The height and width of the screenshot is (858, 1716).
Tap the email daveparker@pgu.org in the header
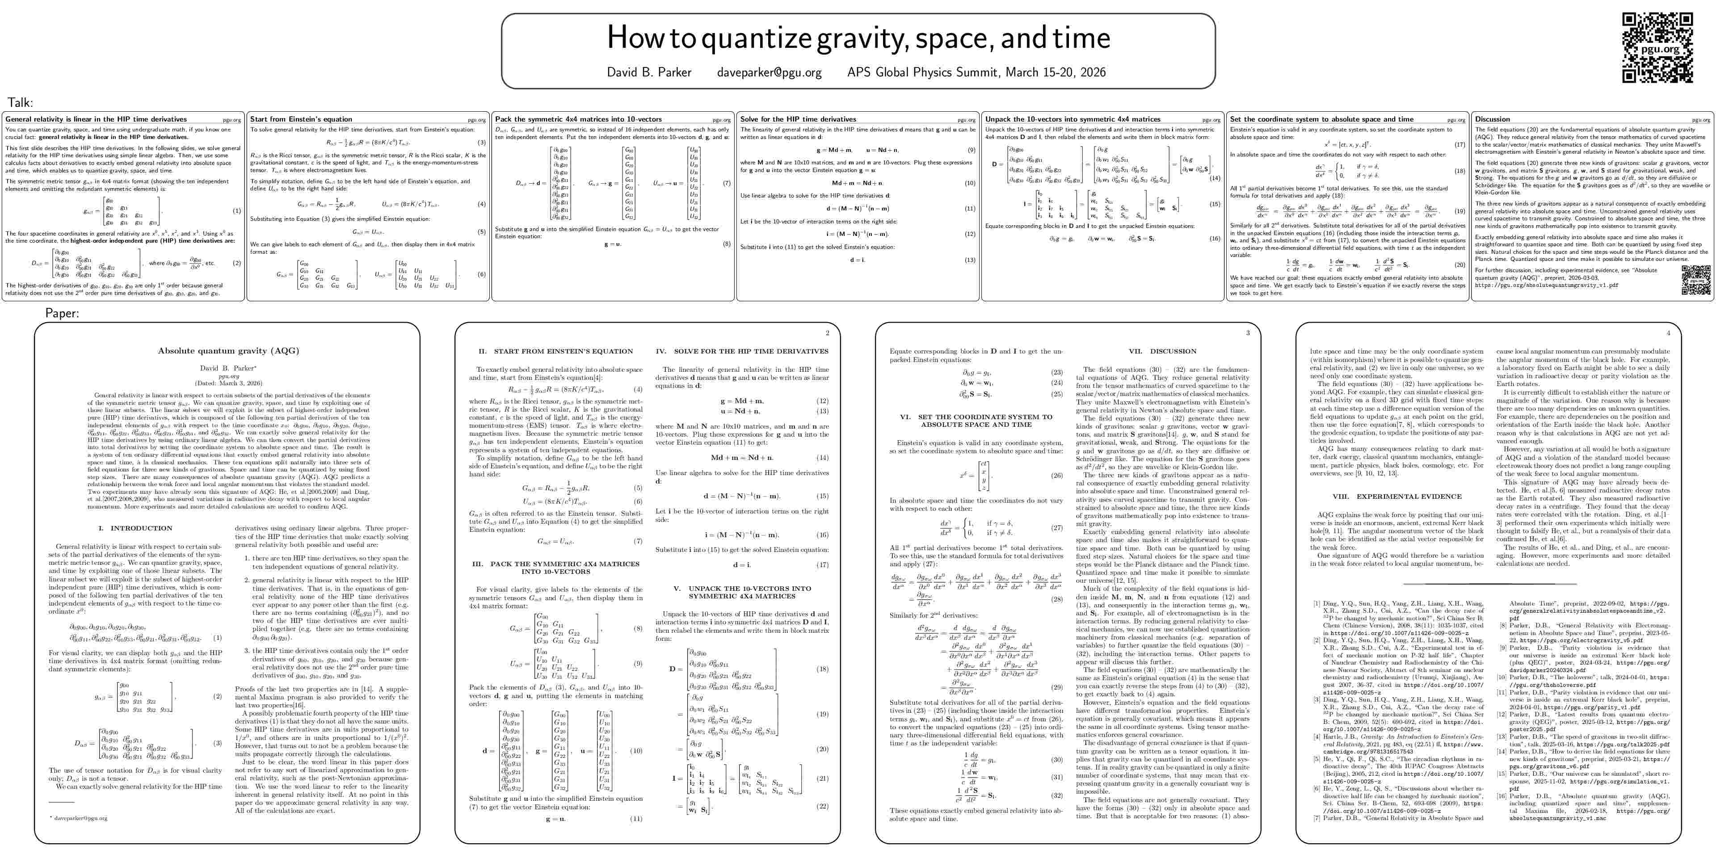pos(769,72)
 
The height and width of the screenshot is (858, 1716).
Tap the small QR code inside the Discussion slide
pos(1696,279)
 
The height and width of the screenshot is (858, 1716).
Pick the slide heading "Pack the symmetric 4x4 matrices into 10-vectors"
pos(578,119)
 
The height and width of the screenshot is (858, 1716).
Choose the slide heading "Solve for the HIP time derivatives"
pos(798,119)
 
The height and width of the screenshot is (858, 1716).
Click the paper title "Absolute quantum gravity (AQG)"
pos(228,350)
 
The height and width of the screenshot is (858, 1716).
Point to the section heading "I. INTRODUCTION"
pos(135,528)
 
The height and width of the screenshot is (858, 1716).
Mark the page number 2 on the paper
pos(827,333)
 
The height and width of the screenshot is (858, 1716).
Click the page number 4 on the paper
pos(1668,333)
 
